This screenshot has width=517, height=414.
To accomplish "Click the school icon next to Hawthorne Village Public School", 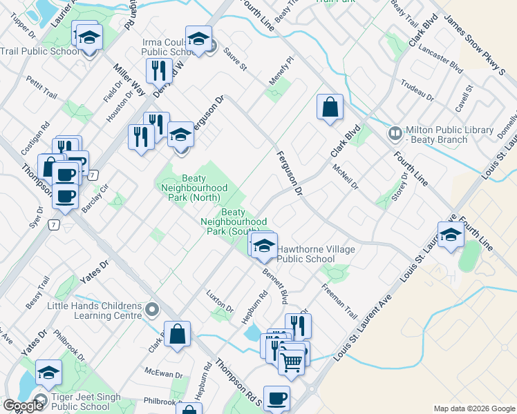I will click(264, 246).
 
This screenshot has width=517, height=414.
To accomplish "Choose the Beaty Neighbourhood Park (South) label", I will click(234, 221).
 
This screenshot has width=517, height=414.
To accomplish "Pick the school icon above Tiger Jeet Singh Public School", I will click(48, 373).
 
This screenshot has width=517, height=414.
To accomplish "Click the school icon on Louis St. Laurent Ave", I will click(451, 235).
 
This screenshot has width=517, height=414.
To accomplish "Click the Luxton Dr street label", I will click(220, 302).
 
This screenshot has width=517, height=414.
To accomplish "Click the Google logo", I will click(22, 406).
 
